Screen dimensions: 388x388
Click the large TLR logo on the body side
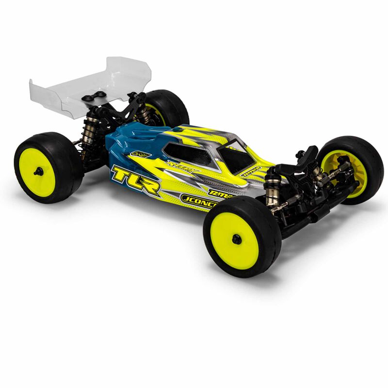point(135,180)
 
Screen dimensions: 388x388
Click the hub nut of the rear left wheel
point(38,171)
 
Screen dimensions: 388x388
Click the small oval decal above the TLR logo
point(141,154)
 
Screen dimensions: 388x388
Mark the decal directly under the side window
point(182,169)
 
